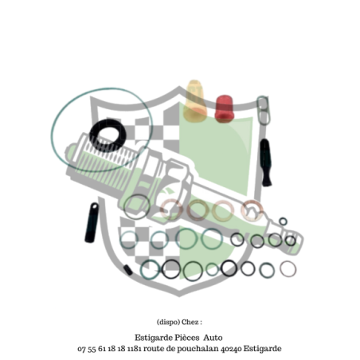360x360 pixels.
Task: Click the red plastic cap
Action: [225, 109]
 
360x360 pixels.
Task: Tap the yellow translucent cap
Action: [196, 101]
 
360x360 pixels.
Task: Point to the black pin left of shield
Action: [92, 223]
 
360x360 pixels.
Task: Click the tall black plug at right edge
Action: [265, 162]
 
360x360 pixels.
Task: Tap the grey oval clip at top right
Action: [263, 110]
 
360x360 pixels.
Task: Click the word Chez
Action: [190, 322]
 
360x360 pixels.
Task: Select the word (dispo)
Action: [168, 323]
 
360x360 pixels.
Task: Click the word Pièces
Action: [186, 338]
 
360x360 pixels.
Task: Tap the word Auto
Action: [213, 338]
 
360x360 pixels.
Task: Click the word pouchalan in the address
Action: [198, 349]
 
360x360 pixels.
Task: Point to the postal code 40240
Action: [231, 348]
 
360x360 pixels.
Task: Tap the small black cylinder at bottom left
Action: [128, 270]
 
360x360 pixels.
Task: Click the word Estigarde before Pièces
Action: [154, 338]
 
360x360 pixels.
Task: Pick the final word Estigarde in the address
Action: [262, 349]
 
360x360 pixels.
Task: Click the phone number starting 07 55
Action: [101, 349]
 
